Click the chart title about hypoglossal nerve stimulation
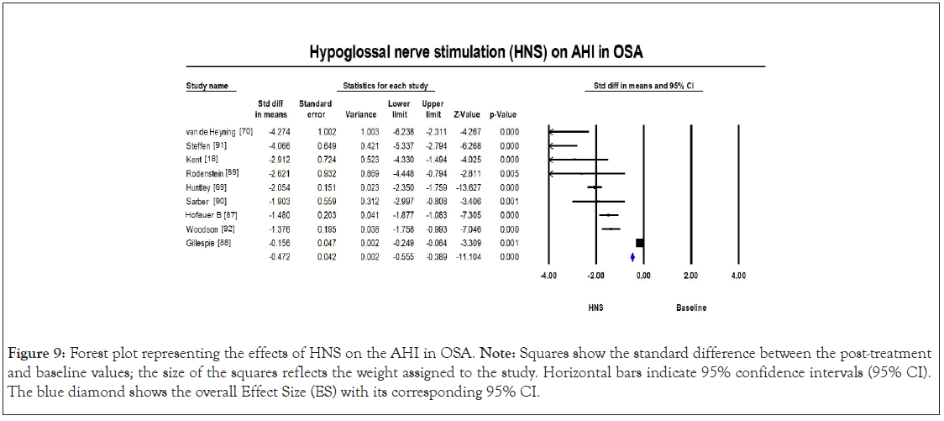click(475, 53)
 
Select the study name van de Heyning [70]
click(213, 132)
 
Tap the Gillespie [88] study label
click(207, 243)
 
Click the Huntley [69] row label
click(203, 187)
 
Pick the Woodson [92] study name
click(207, 229)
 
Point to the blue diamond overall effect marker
click(632, 257)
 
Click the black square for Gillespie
click(640, 243)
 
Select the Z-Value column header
click(466, 114)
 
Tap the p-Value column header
click(502, 114)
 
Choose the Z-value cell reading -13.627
click(465, 187)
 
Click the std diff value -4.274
click(275, 132)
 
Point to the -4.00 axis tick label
click(548, 275)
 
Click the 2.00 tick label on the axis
click(690, 275)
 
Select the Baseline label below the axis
click(690, 308)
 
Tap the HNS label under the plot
click(595, 308)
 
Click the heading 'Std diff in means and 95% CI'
click(642, 87)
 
